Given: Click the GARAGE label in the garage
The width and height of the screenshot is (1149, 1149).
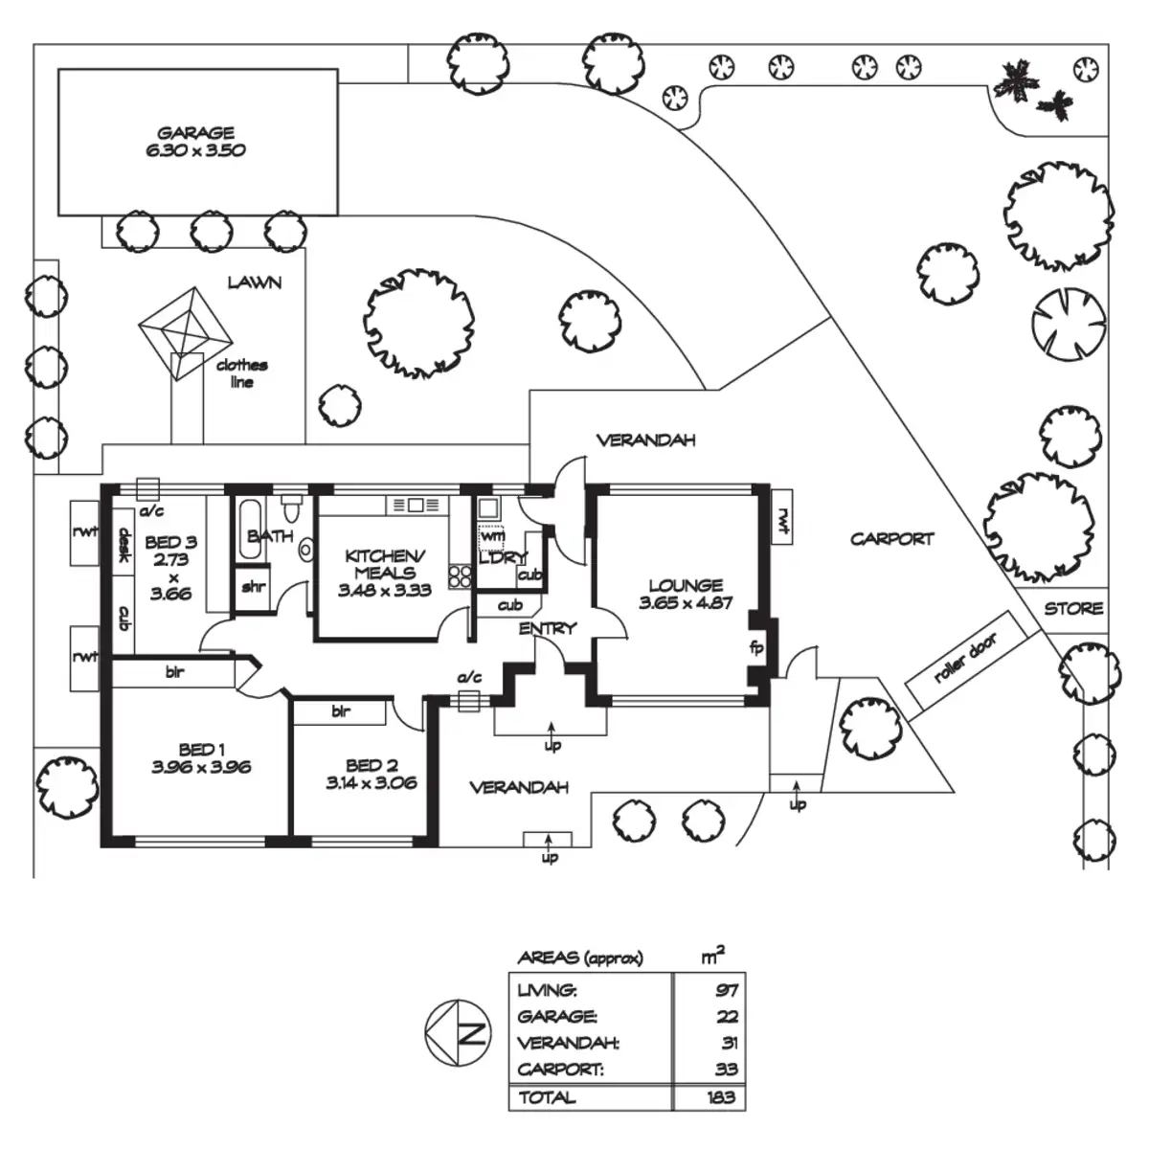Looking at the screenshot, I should click(196, 133).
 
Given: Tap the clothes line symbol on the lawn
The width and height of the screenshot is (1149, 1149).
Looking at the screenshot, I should click(184, 326).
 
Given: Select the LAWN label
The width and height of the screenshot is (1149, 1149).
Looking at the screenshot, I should click(255, 282).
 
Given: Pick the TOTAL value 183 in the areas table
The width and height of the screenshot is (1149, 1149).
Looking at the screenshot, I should click(721, 1097).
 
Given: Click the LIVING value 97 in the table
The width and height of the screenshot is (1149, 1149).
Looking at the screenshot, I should click(727, 991).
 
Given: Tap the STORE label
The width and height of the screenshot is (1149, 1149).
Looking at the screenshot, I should click(1073, 609).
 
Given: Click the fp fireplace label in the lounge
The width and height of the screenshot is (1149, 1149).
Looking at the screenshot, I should click(756, 647).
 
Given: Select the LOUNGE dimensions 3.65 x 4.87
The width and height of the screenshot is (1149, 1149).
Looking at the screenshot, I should click(686, 603).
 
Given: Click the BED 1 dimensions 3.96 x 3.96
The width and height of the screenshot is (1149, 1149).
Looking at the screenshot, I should click(201, 767).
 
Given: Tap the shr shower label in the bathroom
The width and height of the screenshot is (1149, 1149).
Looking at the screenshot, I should click(253, 587).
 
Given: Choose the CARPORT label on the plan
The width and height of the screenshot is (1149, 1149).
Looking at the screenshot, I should click(891, 539).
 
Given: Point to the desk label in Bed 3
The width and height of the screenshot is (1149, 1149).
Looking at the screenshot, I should click(124, 548).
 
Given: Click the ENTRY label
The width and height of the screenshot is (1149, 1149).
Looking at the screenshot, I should click(548, 629).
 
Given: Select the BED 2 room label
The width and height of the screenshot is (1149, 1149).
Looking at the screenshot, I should click(372, 765).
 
